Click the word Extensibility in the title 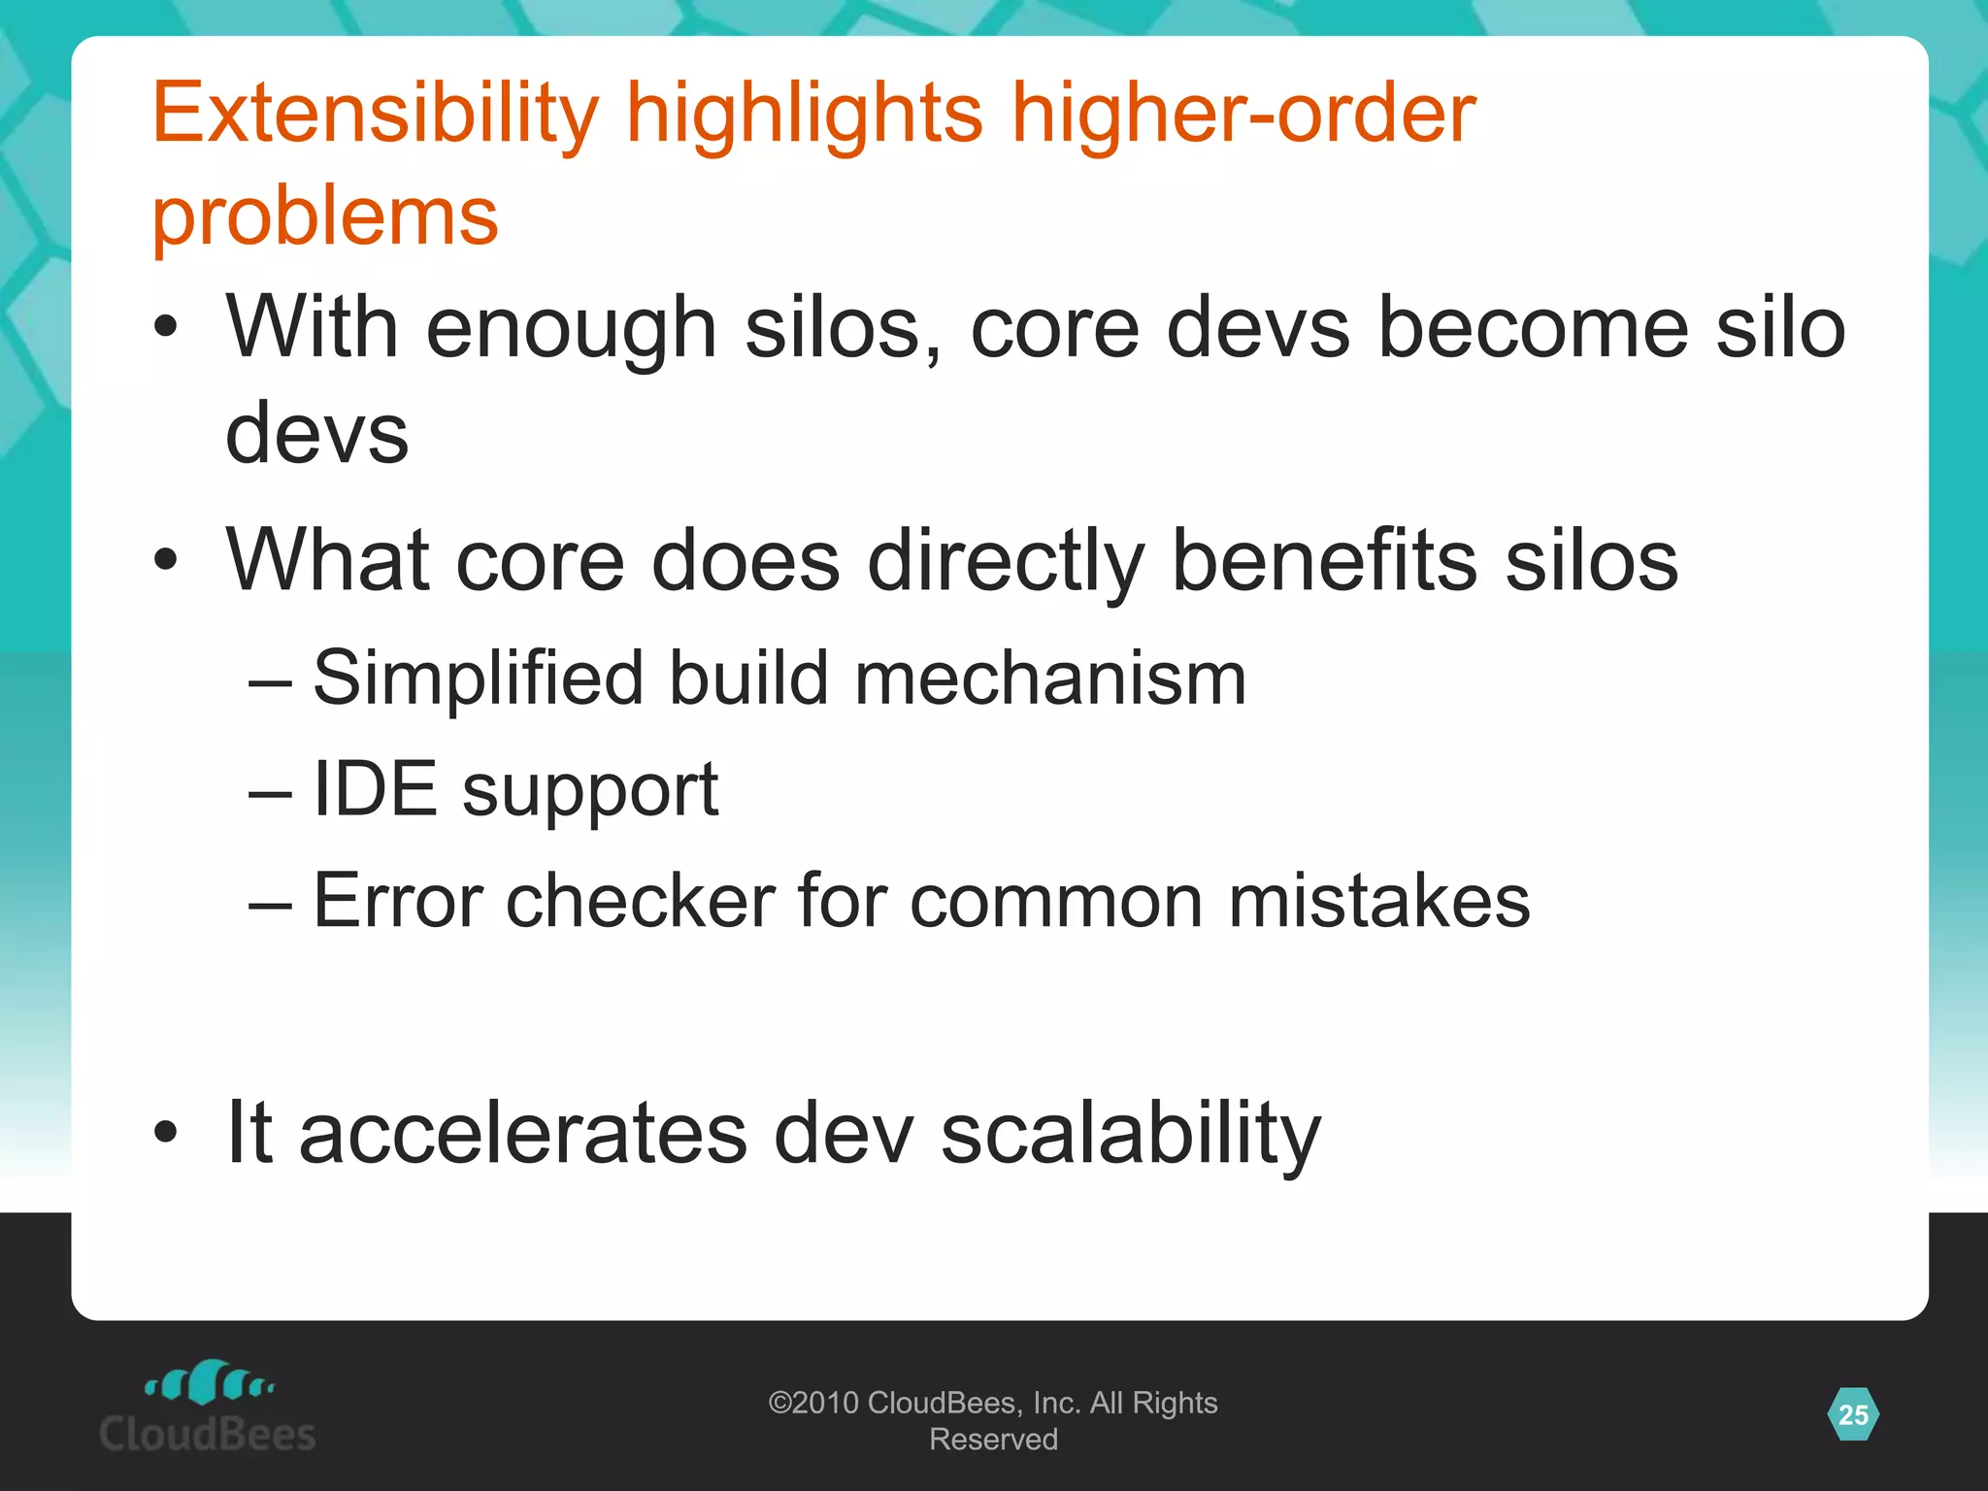[x=376, y=115]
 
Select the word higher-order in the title [x=1243, y=115]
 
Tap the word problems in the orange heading [x=325, y=215]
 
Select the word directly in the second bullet [x=1006, y=563]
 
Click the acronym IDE [x=375, y=788]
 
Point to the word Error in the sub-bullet [x=397, y=901]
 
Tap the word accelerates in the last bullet [x=523, y=1133]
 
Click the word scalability [x=1131, y=1135]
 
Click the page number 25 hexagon [x=1853, y=1415]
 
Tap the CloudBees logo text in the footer [x=208, y=1434]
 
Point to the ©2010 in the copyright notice [x=813, y=1403]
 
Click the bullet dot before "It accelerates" [x=166, y=1132]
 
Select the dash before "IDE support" [x=269, y=792]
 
